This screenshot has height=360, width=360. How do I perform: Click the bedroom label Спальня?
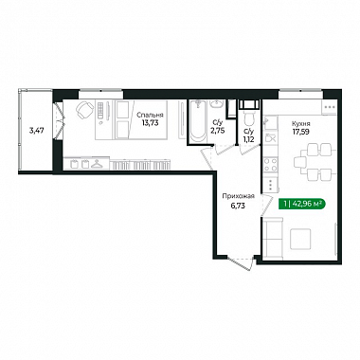tap(150, 116)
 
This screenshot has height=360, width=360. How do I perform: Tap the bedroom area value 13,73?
tap(150, 123)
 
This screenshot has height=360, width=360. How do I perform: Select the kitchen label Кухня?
tap(300, 124)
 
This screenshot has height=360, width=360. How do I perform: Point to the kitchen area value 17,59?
tap(300, 132)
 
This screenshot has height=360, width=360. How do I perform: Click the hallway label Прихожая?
tap(238, 196)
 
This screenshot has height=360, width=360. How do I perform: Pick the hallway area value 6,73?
tap(238, 206)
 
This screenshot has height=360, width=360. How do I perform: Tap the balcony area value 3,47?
tap(36, 130)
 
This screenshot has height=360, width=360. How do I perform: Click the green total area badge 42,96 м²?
tap(302, 204)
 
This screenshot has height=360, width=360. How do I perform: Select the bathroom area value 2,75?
tap(218, 130)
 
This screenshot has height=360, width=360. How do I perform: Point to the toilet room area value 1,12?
tap(248, 137)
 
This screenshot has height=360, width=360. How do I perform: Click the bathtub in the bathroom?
tap(198, 121)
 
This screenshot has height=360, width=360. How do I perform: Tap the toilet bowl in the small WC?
tap(249, 118)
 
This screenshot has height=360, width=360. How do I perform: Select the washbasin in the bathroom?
tap(217, 103)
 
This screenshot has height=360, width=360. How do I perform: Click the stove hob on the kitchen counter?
tap(271, 165)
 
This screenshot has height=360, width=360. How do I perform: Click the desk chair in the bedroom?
tap(84, 109)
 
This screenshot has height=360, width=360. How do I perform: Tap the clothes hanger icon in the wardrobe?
tap(96, 164)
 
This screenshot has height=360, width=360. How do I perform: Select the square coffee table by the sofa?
tap(300, 239)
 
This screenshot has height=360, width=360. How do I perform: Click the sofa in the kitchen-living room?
tap(273, 239)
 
